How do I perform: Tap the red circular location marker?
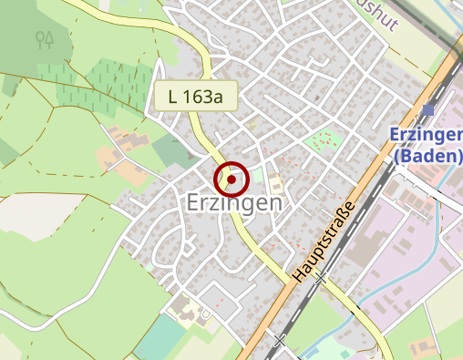[x=231, y=180]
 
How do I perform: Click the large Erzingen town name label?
[x=233, y=203]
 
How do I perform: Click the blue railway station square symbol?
[x=428, y=110]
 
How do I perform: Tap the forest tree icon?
[x=45, y=39]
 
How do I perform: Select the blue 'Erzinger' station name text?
[x=426, y=134]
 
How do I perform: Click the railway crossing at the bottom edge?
[x=280, y=341]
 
